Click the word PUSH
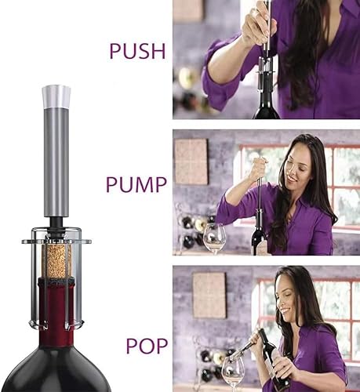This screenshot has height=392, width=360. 137,51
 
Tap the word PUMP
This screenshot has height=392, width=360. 136,184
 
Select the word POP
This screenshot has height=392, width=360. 147,346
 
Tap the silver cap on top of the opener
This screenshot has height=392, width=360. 56,96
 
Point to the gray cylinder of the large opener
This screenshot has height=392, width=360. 56,162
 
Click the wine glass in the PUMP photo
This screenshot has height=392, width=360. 214,238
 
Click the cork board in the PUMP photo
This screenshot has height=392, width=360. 191,162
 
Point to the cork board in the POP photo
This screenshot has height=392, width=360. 209,296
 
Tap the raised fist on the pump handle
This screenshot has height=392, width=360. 257,168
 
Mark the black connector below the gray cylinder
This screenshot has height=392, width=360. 56,224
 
